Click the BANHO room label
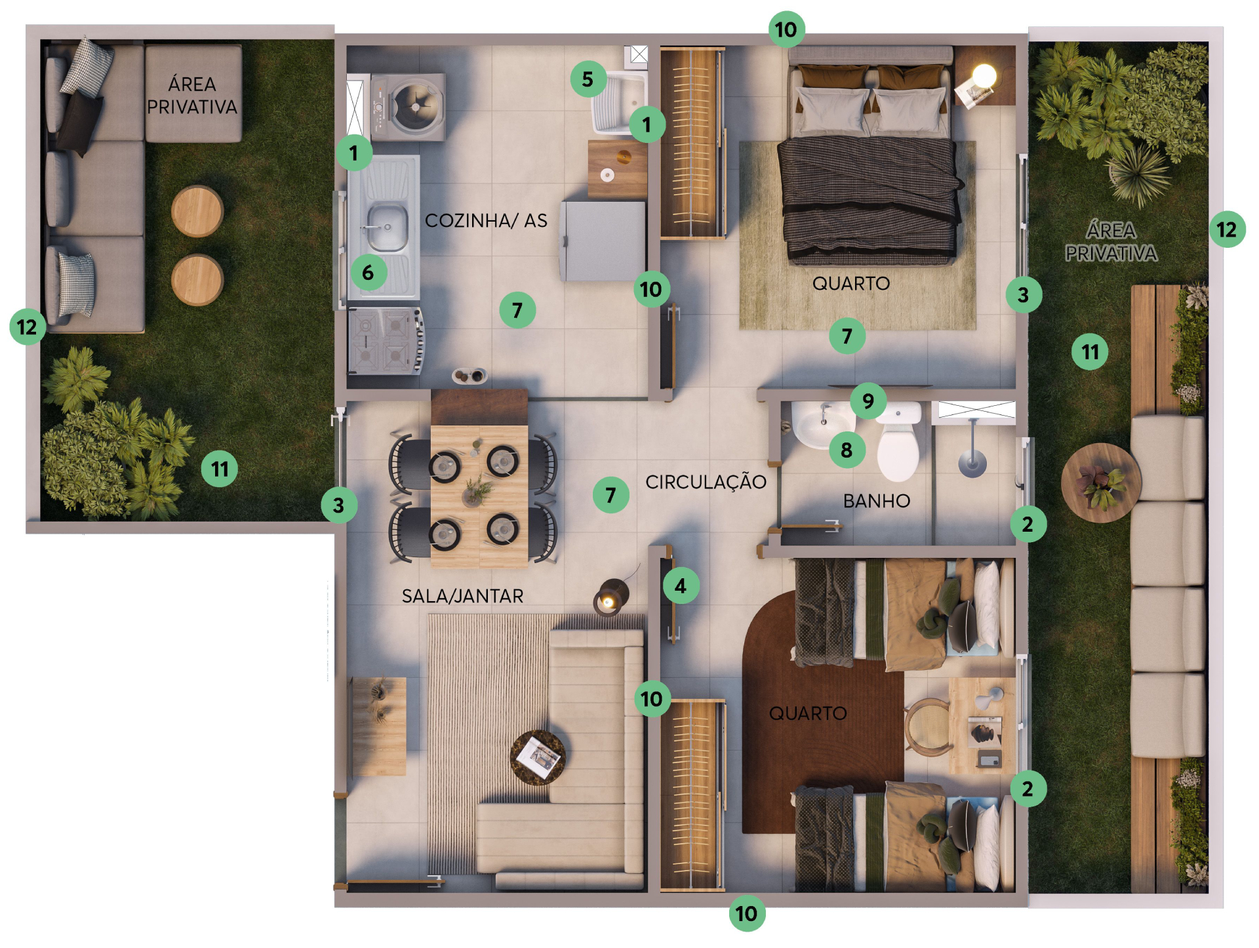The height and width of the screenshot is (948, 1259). point(877,501)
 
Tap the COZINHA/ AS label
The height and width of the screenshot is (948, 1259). point(486,220)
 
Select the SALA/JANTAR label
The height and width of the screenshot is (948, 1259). point(462,596)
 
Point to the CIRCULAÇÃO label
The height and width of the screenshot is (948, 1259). point(706,482)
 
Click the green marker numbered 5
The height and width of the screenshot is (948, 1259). point(588,79)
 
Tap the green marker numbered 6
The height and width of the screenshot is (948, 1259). point(369,273)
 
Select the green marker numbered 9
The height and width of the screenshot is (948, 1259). point(868,401)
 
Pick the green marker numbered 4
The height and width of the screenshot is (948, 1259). point(681,585)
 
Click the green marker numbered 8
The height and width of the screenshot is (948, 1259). point(847,450)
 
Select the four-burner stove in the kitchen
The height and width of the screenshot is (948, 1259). point(386,341)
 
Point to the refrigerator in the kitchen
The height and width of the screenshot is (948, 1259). point(603,241)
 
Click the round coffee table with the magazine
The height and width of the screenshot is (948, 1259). point(538,757)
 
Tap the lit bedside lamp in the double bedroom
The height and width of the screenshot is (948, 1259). point(984,76)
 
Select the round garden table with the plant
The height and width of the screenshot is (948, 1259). point(1101,483)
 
